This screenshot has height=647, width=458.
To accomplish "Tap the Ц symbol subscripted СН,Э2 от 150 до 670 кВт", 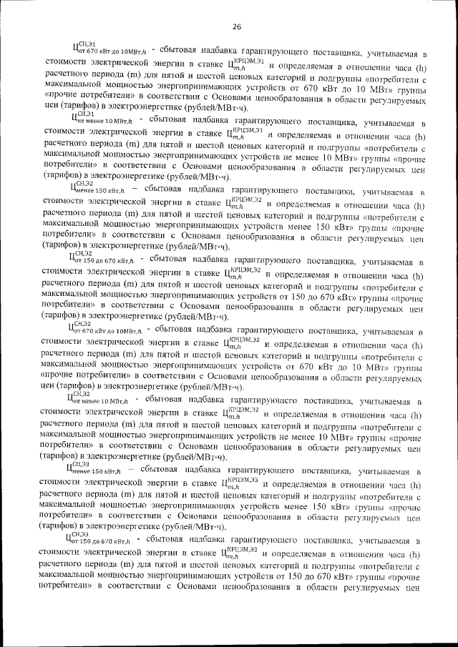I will [x=74, y=258].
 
